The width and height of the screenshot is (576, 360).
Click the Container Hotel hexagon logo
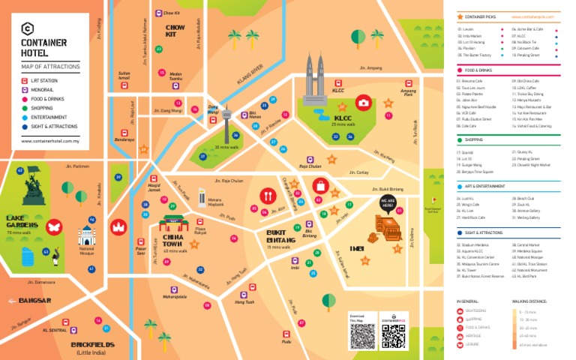click(x=28, y=30)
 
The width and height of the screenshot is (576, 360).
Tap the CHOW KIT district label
click(x=175, y=31)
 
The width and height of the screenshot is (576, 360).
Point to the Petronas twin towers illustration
click(x=314, y=75)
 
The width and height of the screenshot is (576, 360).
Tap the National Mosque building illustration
click(x=87, y=239)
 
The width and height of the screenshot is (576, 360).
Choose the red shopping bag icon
click(x=320, y=184)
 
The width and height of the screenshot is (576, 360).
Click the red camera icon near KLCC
click(x=363, y=102)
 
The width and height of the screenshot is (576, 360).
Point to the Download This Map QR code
click(x=362, y=336)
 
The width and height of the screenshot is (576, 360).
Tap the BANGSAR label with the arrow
click(x=29, y=301)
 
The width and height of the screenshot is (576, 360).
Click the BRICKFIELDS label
click(x=93, y=345)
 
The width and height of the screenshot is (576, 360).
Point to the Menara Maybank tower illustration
click(x=202, y=197)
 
